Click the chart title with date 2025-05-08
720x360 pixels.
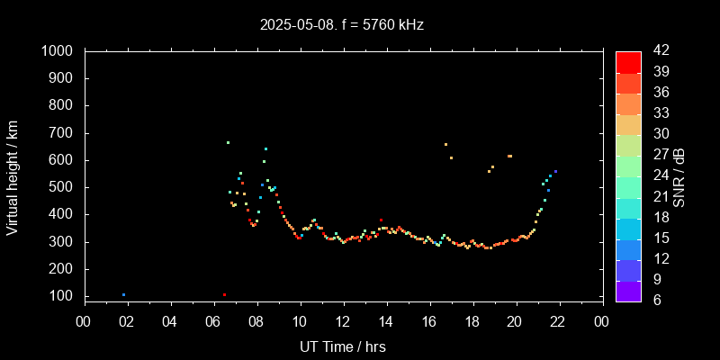[x=341, y=24]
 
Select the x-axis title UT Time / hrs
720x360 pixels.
[x=343, y=346]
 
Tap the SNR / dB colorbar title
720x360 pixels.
[x=679, y=175]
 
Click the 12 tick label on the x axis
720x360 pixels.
[x=343, y=321]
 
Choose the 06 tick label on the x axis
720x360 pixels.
[x=213, y=321]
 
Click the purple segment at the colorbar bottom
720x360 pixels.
[x=628, y=291]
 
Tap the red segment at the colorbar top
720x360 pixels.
[x=628, y=61]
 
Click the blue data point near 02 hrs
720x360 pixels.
[x=123, y=294]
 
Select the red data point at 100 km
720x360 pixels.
[x=224, y=294]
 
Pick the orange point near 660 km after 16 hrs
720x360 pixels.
[x=445, y=144]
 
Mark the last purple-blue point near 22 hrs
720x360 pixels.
[x=555, y=171]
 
